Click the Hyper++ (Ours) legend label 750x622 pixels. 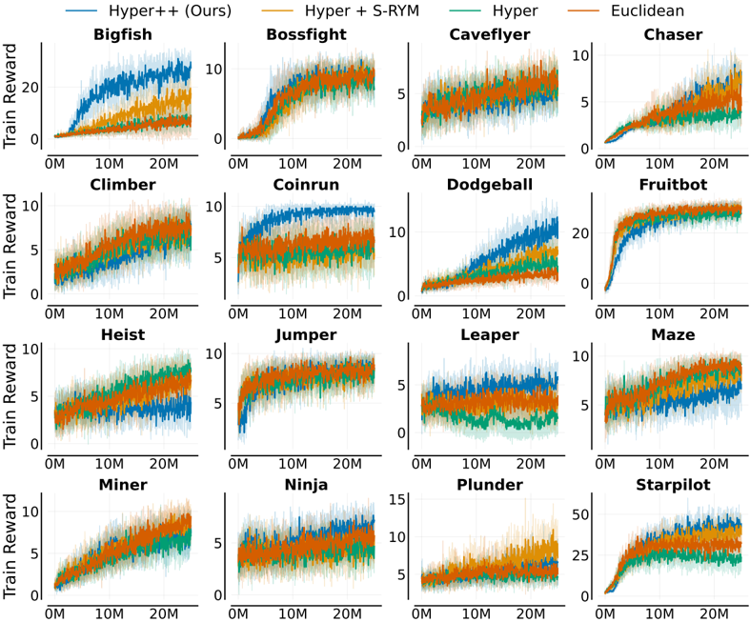pyautogui.click(x=170, y=10)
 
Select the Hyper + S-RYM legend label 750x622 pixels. pyautogui.click(x=361, y=10)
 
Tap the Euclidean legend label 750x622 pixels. pyautogui.click(x=647, y=10)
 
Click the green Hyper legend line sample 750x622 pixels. pyautogui.click(x=465, y=10)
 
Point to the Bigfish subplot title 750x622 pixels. pyautogui.click(x=123, y=34)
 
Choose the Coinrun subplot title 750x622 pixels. pyautogui.click(x=306, y=185)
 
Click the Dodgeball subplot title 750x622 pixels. pyautogui.click(x=490, y=185)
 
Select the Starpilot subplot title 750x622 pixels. pyautogui.click(x=673, y=485)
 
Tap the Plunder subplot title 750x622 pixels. pyautogui.click(x=490, y=485)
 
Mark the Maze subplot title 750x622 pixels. pyautogui.click(x=673, y=334)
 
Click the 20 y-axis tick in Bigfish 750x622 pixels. pyautogui.click(x=30, y=88)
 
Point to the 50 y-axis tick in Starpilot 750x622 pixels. pyautogui.click(x=580, y=515)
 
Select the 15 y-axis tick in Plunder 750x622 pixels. pyautogui.click(x=397, y=500)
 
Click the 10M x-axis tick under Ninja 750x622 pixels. pyautogui.click(x=293, y=613)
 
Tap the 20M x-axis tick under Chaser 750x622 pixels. pyautogui.click(x=714, y=164)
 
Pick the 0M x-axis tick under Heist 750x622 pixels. pyautogui.click(x=55, y=463)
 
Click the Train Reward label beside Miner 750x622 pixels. pyautogui.click(x=10, y=546)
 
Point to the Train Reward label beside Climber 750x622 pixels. pyautogui.click(x=10, y=246)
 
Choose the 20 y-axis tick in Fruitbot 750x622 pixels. pyautogui.click(x=580, y=233)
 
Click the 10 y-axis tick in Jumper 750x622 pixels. pyautogui.click(x=213, y=353)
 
